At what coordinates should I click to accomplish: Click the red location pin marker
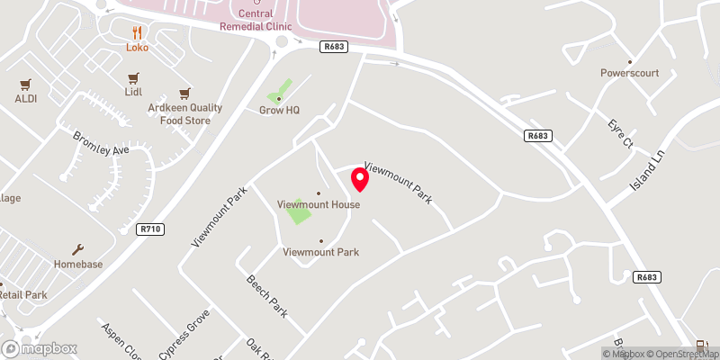[x=360, y=180]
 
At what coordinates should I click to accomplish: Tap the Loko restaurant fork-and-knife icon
[x=137, y=31]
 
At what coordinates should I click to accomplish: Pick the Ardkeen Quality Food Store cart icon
[x=184, y=93]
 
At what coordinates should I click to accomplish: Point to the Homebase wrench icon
[x=78, y=249]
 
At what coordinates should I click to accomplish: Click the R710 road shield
[x=150, y=229]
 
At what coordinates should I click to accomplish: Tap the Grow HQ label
[x=279, y=110]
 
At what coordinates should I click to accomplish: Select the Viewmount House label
[x=319, y=204]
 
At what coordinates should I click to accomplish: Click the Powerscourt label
[x=630, y=74]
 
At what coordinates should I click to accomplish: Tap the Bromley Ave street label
[x=101, y=142]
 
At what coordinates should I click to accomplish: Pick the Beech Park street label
[x=266, y=296]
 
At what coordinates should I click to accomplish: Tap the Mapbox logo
[x=39, y=348]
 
